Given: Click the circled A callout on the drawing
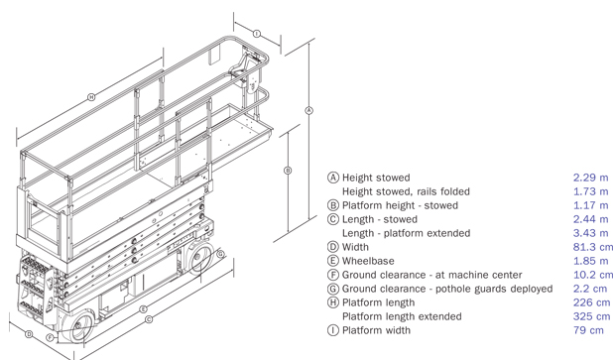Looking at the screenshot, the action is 308,110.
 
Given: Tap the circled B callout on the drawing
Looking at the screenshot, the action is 288,171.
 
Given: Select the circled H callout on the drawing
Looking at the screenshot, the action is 91,97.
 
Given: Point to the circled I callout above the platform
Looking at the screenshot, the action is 257,34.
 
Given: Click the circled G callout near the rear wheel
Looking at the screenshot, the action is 221,254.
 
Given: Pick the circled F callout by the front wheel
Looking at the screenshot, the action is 51,338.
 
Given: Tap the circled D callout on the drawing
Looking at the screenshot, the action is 29,334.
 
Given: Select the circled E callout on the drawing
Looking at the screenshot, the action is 144,309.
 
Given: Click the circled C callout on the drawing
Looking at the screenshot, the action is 149,319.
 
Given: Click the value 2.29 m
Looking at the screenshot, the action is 591,178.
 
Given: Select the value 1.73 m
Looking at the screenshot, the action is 591,191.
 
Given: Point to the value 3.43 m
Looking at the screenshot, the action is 591,233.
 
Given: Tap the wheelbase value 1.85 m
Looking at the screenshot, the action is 591,261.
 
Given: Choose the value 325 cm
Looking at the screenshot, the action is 591,316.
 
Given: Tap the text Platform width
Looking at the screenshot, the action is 376,330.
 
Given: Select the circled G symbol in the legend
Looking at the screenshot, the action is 332,289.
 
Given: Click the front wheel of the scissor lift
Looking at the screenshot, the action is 79,326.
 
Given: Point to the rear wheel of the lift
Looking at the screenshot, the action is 199,257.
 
